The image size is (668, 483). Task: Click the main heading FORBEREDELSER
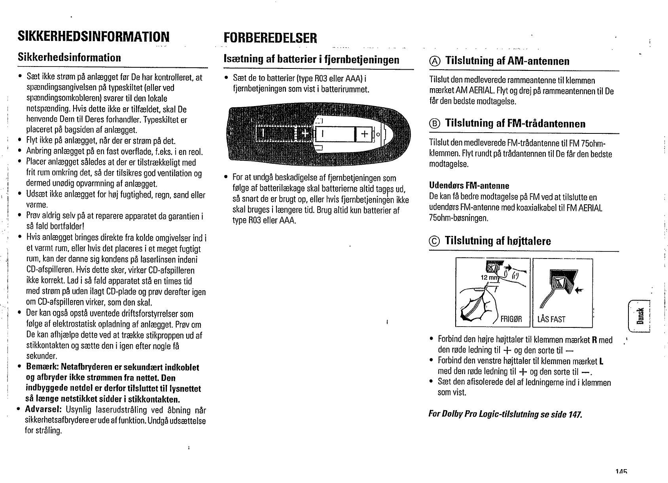point(270,38)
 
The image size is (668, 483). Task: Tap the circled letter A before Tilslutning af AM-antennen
point(434,61)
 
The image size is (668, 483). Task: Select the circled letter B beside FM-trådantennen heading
point(434,124)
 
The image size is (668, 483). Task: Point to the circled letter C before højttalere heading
point(434,241)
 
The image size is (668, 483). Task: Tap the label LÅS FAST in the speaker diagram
point(551,319)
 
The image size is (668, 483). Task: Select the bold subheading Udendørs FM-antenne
point(469,186)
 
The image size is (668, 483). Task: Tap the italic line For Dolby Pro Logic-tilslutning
point(505,415)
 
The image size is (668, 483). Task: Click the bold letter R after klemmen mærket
point(594,340)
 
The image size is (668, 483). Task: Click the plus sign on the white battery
point(364,134)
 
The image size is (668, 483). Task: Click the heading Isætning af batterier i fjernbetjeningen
point(312,60)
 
